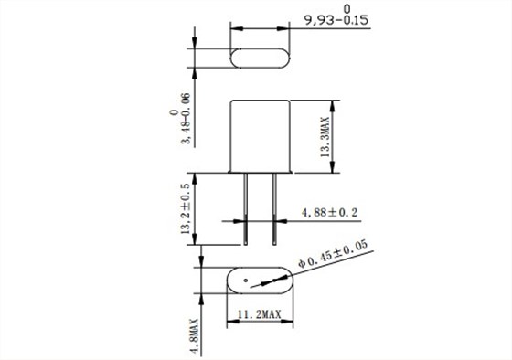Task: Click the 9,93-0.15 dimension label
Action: click(x=336, y=20)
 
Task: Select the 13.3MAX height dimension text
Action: click(x=325, y=137)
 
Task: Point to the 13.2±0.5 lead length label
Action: click(x=185, y=208)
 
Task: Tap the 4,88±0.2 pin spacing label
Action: click(x=329, y=213)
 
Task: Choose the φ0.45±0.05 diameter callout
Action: click(x=333, y=255)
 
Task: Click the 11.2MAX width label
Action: click(x=260, y=314)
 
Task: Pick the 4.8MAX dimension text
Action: click(x=195, y=336)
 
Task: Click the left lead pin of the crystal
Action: click(x=246, y=209)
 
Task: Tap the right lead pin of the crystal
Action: click(x=274, y=209)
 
